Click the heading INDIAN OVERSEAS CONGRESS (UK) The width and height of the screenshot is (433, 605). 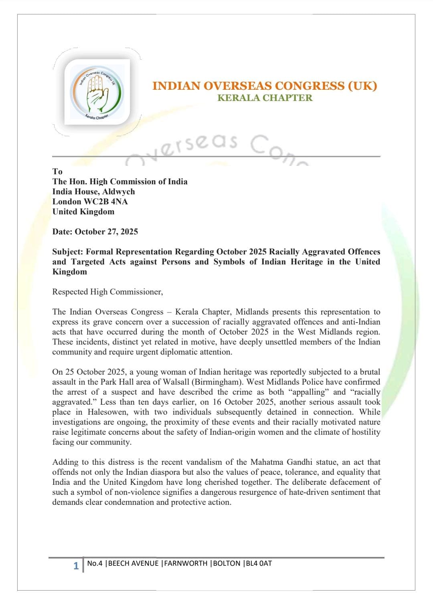pyautogui.click(x=265, y=86)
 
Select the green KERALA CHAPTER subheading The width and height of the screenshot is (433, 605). pyautogui.click(x=265, y=98)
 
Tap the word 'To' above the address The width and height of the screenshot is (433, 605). pyautogui.click(x=57, y=171)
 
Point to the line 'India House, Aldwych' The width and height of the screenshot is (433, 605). pyautogui.click(x=93, y=192)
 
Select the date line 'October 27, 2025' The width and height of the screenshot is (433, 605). pyautogui.click(x=106, y=232)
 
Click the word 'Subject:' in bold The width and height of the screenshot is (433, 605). pyautogui.click(x=68, y=252)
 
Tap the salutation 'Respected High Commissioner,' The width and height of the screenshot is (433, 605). pyautogui.click(x=107, y=292)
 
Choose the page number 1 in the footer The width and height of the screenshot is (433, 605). pyautogui.click(x=76, y=566)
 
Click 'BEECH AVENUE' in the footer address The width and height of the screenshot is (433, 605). pyautogui.click(x=134, y=563)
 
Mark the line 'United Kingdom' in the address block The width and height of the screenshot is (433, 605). pyautogui.click(x=83, y=212)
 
